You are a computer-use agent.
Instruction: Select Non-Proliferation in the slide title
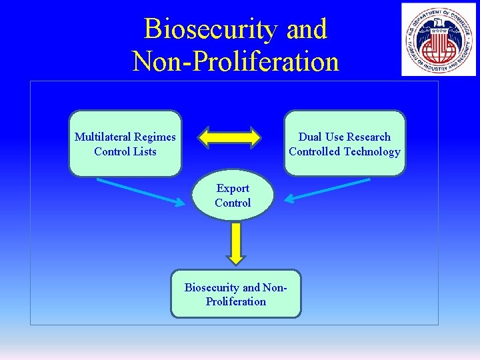point(236,61)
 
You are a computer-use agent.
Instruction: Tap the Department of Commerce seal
point(438,39)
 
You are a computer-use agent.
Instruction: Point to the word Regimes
point(155,137)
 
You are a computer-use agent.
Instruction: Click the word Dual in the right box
point(310,137)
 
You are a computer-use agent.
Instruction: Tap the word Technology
point(372,151)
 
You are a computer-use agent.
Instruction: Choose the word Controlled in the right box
point(314,151)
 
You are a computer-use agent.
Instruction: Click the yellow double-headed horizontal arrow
point(231,137)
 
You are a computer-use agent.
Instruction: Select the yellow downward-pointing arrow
point(235,241)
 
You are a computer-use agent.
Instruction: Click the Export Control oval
point(233,195)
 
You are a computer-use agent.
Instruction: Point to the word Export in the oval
point(233,189)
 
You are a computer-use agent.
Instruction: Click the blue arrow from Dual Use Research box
point(323,192)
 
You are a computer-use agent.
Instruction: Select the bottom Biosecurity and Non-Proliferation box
point(236,294)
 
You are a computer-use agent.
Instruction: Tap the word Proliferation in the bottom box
point(236,302)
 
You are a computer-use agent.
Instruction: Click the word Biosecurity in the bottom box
point(211,288)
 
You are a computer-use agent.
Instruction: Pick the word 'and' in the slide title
point(307,29)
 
